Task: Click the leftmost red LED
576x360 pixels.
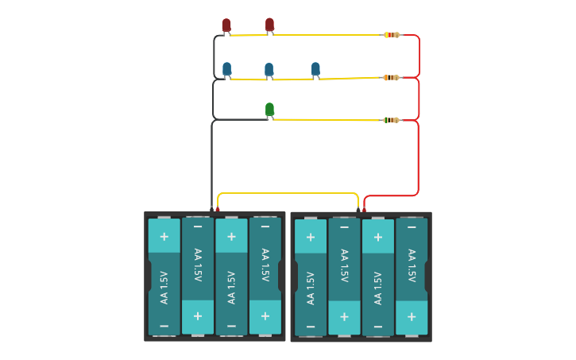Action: coord(226,25)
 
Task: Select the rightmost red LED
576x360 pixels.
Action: coord(270,25)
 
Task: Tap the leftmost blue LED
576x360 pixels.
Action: coord(227,69)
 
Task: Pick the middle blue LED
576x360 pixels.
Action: coord(269,70)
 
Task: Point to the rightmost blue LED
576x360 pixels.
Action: coord(315,69)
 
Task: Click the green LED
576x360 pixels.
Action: coord(269,109)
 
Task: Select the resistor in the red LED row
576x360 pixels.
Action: coord(392,35)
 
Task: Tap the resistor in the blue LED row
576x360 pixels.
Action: coord(391,78)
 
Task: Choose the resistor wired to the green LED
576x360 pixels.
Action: coord(391,120)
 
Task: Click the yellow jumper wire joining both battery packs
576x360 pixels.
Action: coord(288,193)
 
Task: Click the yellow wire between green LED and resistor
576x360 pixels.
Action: coord(326,120)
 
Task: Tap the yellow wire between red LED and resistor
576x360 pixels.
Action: coord(326,35)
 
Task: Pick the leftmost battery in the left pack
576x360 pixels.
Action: coord(164,277)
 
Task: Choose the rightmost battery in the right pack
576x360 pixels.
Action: coord(412,277)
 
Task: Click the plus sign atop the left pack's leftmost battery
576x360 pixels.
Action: coord(164,236)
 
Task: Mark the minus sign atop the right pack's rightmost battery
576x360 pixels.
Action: coord(412,227)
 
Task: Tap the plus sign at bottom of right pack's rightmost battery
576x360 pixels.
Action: coord(412,316)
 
